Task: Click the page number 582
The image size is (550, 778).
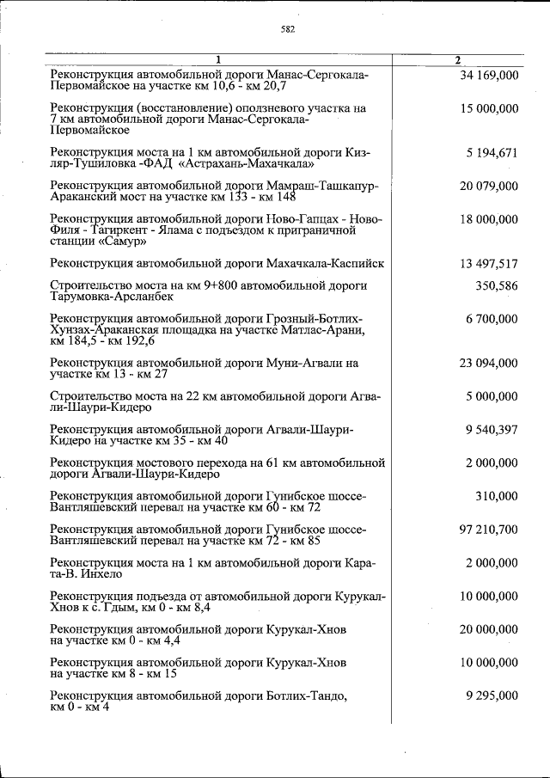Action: point(288,29)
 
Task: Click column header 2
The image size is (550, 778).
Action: point(458,59)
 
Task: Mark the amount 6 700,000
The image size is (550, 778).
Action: point(492,319)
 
